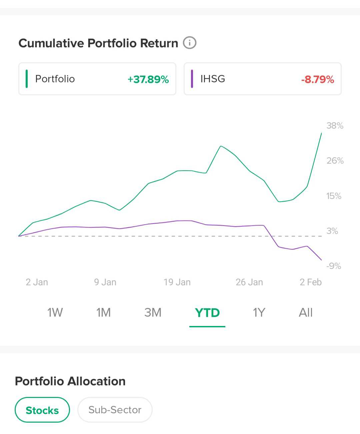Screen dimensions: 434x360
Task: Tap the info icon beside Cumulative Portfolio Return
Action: point(190,43)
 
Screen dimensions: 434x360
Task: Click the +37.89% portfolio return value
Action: point(148,79)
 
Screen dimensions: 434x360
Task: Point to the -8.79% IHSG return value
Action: point(317,79)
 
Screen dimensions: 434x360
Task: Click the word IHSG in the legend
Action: point(213,79)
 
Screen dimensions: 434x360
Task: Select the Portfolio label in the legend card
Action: point(55,79)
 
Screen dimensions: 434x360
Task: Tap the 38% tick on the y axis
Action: point(335,126)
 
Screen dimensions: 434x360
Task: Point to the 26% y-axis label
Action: point(335,161)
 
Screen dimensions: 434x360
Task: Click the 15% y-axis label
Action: point(334,196)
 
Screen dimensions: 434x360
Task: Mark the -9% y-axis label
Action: point(334,266)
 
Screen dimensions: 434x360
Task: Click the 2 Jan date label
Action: point(37,282)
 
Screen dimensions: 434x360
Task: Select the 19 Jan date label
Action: point(177,282)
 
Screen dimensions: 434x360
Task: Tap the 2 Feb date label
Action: point(311,282)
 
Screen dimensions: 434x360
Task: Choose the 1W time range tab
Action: point(55,313)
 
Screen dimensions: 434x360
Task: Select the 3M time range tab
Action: point(153,313)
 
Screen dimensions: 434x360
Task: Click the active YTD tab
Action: point(207,313)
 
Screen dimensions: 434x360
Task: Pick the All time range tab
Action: point(306,313)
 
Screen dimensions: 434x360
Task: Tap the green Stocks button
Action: point(42,410)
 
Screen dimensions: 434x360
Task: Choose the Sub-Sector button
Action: point(115,410)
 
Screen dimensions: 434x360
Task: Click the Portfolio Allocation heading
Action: point(70,381)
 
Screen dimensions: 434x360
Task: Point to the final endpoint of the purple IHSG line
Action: point(321,260)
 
